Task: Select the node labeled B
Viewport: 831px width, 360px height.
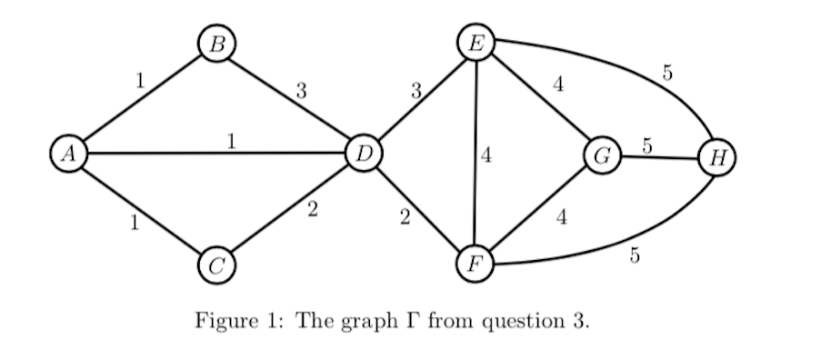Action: pos(216,43)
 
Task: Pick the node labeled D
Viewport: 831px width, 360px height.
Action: pos(365,154)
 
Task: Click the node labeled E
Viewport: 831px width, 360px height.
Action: pos(476,42)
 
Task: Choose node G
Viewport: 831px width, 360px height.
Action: pos(601,156)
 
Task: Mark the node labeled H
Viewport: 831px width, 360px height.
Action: pos(716,158)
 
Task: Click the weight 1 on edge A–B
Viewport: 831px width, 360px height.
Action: pos(139,80)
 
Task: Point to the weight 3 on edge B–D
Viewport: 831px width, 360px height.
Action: pos(301,90)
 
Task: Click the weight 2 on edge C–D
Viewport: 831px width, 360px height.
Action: pos(312,211)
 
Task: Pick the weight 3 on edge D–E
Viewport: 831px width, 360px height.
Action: pos(415,90)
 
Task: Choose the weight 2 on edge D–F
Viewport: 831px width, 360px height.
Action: pos(405,216)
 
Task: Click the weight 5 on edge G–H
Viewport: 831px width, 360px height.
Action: pos(647,145)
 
